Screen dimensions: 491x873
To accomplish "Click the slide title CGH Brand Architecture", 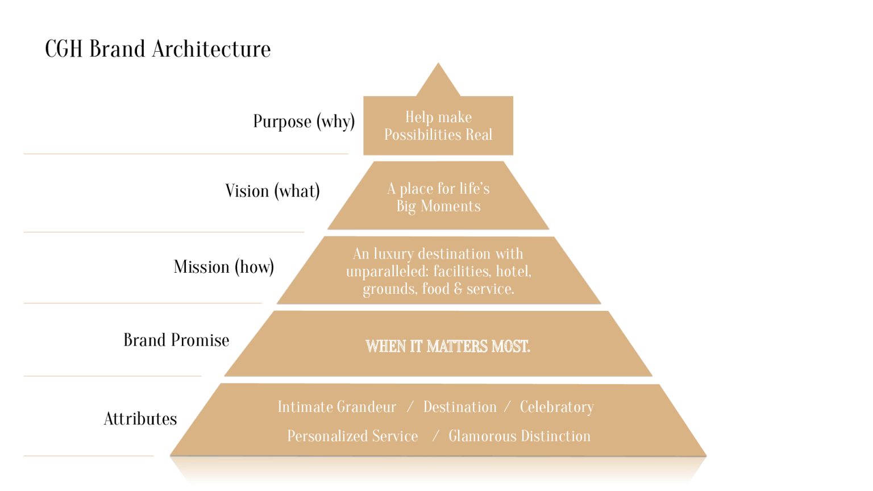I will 157,49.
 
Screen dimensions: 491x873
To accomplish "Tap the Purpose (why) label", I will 304,121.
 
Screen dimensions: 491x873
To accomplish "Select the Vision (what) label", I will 272,191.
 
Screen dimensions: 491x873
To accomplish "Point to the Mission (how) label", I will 223,267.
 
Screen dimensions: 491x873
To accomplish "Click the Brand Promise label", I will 176,340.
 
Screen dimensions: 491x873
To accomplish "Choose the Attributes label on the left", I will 140,419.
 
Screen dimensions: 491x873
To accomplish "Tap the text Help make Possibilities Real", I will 438,126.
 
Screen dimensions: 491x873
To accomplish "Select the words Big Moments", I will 438,206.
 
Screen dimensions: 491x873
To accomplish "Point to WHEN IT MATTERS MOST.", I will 448,346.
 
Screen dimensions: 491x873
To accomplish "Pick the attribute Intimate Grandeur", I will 336,407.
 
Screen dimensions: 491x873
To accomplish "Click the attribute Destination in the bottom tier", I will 460,407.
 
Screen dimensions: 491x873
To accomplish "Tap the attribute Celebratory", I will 556,407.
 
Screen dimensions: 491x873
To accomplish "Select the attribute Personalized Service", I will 352,436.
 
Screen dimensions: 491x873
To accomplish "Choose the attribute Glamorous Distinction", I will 519,436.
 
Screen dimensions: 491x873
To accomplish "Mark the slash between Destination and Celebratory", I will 508,407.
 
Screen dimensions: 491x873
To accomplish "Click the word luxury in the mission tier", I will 393,253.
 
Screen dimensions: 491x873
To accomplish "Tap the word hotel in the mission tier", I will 513,272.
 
